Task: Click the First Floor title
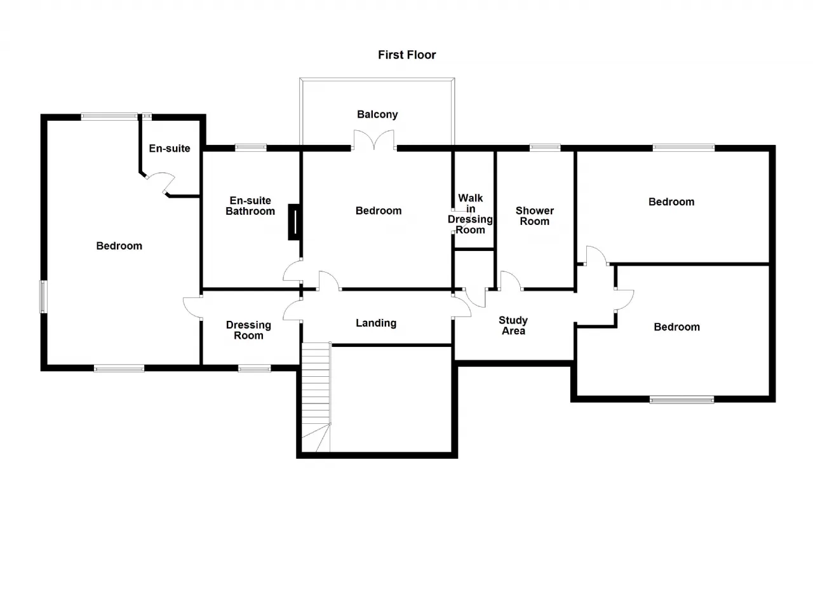coord(407,55)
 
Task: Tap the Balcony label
coord(377,114)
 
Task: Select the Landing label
coord(376,323)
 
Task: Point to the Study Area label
coord(513,325)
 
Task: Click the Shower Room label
coord(535,216)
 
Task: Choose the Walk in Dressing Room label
coord(471,214)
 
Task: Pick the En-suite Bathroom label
coord(250,206)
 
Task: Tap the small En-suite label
coord(170,149)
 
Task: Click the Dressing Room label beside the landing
coord(248,330)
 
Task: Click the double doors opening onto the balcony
coord(374,140)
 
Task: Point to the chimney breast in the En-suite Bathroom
coord(295,222)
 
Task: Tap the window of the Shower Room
coord(545,147)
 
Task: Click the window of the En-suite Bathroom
coord(251,147)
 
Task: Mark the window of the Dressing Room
coord(255,369)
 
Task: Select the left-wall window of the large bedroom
coord(43,297)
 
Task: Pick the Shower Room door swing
coord(511,281)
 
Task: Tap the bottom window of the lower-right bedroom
coord(682,400)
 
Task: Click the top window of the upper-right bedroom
coord(684,147)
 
